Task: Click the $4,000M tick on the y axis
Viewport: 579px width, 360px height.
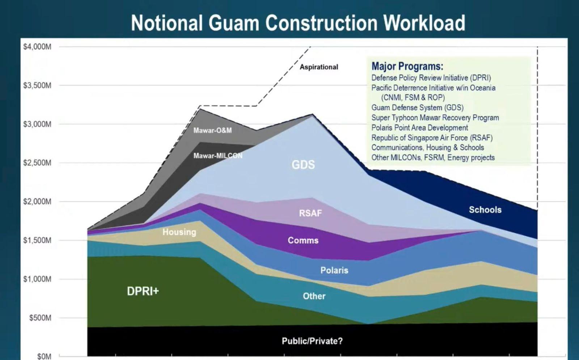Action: click(37, 47)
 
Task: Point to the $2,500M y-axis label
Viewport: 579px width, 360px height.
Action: click(37, 163)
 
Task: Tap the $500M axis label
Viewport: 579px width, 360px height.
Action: click(40, 318)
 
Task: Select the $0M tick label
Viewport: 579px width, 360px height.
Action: click(44, 356)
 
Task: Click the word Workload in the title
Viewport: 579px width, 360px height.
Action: click(424, 23)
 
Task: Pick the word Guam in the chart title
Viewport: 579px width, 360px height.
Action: click(234, 23)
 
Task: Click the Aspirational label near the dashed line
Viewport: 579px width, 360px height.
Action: click(319, 67)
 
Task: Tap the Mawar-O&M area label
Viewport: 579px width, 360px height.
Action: click(212, 130)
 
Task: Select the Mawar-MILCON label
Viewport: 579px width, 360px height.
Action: click(218, 156)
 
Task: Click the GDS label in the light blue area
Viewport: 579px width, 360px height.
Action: click(303, 164)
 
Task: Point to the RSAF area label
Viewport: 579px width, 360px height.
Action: click(310, 213)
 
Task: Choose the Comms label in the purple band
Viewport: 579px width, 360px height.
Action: click(303, 240)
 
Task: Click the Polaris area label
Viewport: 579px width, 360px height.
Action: click(334, 270)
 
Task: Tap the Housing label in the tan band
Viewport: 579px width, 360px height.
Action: click(179, 232)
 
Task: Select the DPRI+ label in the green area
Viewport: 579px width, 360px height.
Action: click(143, 291)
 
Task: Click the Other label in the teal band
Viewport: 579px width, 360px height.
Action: click(314, 296)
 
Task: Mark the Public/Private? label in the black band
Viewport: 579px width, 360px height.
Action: click(312, 341)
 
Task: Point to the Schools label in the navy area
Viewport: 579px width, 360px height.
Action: click(485, 210)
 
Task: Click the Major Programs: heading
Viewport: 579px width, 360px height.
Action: click(407, 66)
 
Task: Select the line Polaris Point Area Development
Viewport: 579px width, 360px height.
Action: click(419, 128)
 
